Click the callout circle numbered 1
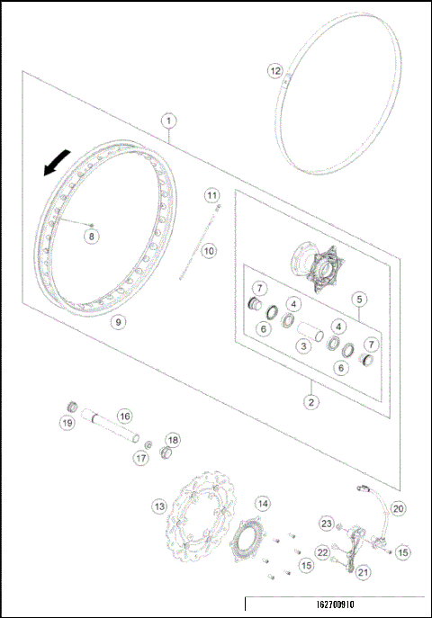click(x=168, y=119)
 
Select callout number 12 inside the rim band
click(x=276, y=70)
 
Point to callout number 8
click(x=90, y=236)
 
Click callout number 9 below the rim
click(x=117, y=320)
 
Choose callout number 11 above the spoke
click(x=211, y=195)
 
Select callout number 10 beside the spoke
click(x=209, y=251)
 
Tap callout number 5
click(x=358, y=298)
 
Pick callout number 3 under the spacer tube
click(x=305, y=346)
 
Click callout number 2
click(x=310, y=402)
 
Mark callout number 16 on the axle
click(x=124, y=416)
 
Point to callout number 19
click(x=67, y=423)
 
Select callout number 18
click(x=173, y=440)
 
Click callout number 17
click(x=140, y=457)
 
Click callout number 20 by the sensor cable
click(x=398, y=508)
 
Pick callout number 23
click(x=327, y=524)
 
